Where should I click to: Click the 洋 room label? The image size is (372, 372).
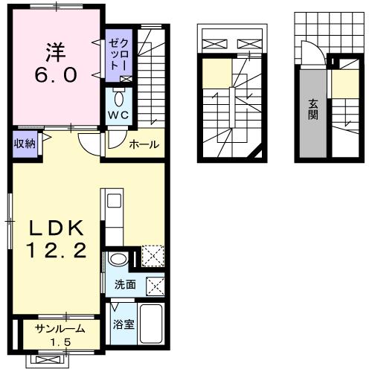pyautogui.click(x=56, y=52)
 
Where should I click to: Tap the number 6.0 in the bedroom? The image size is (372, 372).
pyautogui.click(x=56, y=75)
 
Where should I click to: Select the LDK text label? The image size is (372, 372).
pyautogui.click(x=57, y=228)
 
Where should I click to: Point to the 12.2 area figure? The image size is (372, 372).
pyautogui.click(x=57, y=250)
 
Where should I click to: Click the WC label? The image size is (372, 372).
pyautogui.click(x=118, y=115)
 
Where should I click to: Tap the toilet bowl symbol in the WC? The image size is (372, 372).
pyautogui.click(x=119, y=98)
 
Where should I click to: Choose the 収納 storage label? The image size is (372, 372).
pyautogui.click(x=25, y=144)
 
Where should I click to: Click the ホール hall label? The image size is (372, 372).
pyautogui.click(x=144, y=144)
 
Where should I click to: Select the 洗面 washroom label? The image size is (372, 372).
pyautogui.click(x=125, y=285)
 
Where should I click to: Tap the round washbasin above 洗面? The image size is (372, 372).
pyautogui.click(x=118, y=260)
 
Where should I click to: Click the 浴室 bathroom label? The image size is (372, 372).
pyautogui.click(x=124, y=324)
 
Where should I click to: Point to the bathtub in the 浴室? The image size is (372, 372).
pyautogui.click(x=151, y=324)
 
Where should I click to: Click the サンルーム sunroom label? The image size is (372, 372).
pyautogui.click(x=60, y=329)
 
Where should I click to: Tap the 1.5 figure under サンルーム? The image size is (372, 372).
pyautogui.click(x=61, y=342)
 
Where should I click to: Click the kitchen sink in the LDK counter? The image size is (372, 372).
pyautogui.click(x=114, y=201)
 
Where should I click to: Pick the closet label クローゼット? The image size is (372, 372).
pyautogui.click(x=119, y=54)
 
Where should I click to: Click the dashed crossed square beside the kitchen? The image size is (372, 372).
pyautogui.click(x=153, y=256)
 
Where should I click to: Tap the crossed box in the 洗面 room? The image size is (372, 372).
pyautogui.click(x=155, y=286)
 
